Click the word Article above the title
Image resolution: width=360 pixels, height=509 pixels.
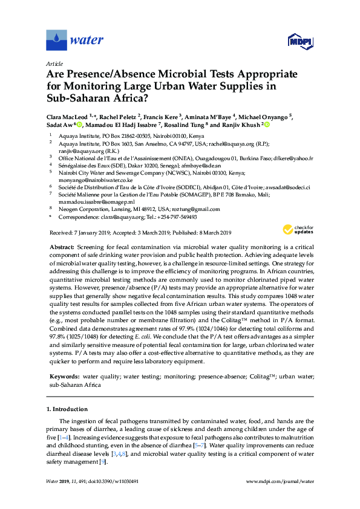[x=54, y=63]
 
